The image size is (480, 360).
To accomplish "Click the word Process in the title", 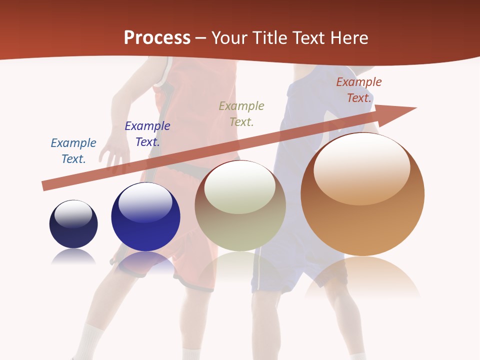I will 157,38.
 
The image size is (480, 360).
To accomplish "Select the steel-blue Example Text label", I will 73,151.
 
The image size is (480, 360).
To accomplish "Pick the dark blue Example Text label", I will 147,134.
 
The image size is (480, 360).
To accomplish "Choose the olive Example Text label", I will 241,114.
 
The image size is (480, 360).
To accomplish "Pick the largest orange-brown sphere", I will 362,220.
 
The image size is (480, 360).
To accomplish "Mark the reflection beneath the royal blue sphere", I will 146,262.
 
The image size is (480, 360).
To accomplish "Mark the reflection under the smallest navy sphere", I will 73,257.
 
